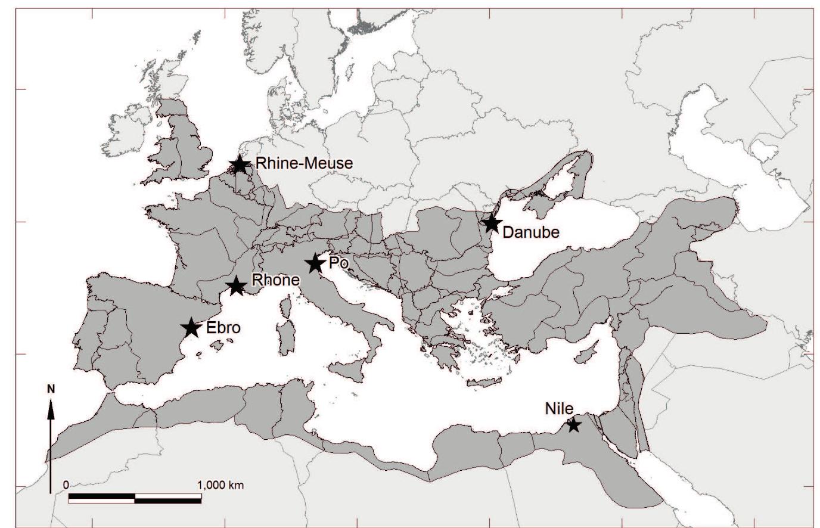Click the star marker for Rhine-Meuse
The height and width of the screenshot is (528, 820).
pos(240,164)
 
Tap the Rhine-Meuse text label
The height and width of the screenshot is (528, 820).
pos(304,163)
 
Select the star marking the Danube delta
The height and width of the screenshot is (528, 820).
pos(491,223)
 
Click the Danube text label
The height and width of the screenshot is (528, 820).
pos(531,232)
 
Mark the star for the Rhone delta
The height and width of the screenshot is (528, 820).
pos(237,286)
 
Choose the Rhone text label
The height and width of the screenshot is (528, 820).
pos(275,280)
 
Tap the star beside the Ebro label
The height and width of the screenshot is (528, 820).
pos(191,327)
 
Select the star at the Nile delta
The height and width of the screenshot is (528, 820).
pos(573,425)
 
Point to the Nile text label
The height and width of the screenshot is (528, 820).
pos(559,409)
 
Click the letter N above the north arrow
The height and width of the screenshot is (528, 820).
pos(51,389)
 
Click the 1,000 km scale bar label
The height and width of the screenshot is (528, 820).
pos(220,484)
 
